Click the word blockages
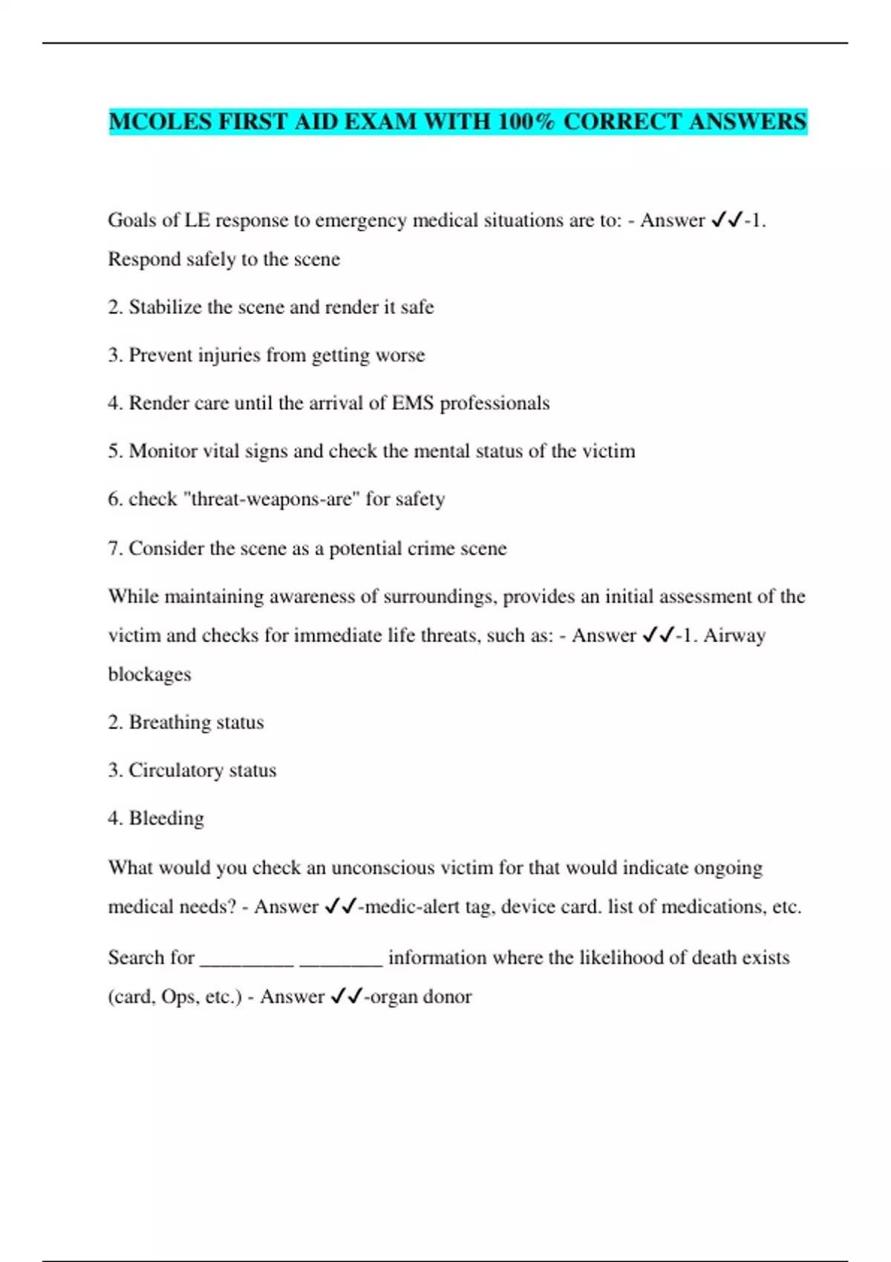pyautogui.click(x=149, y=674)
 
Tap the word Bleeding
pyautogui.click(x=166, y=818)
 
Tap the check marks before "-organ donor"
pyautogui.click(x=346, y=996)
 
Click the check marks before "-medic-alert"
pyautogui.click(x=341, y=906)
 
